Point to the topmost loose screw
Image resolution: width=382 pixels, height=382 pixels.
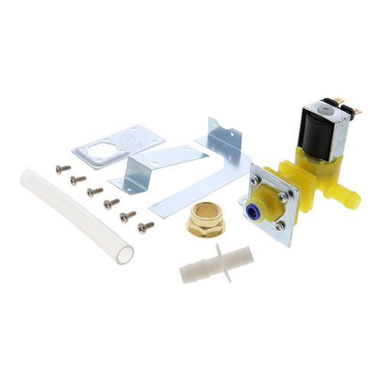pyautogui.click(x=63, y=168)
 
